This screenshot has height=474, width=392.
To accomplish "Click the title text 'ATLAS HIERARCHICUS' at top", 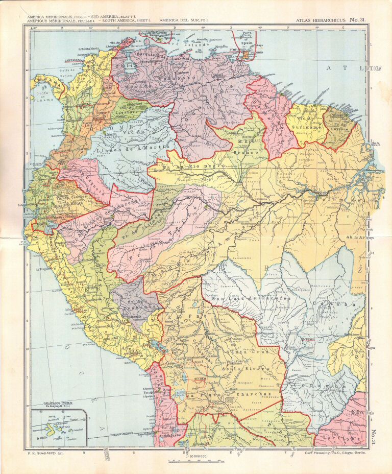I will point(316,20).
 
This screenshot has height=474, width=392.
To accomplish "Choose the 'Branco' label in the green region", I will point(245,145).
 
